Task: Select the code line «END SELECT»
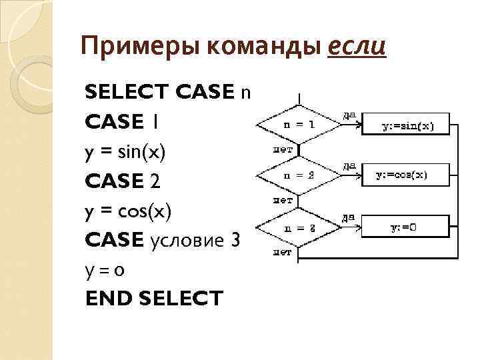[154, 299]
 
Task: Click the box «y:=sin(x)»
[407, 125]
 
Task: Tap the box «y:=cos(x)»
[402, 176]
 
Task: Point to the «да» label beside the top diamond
[348, 115]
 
